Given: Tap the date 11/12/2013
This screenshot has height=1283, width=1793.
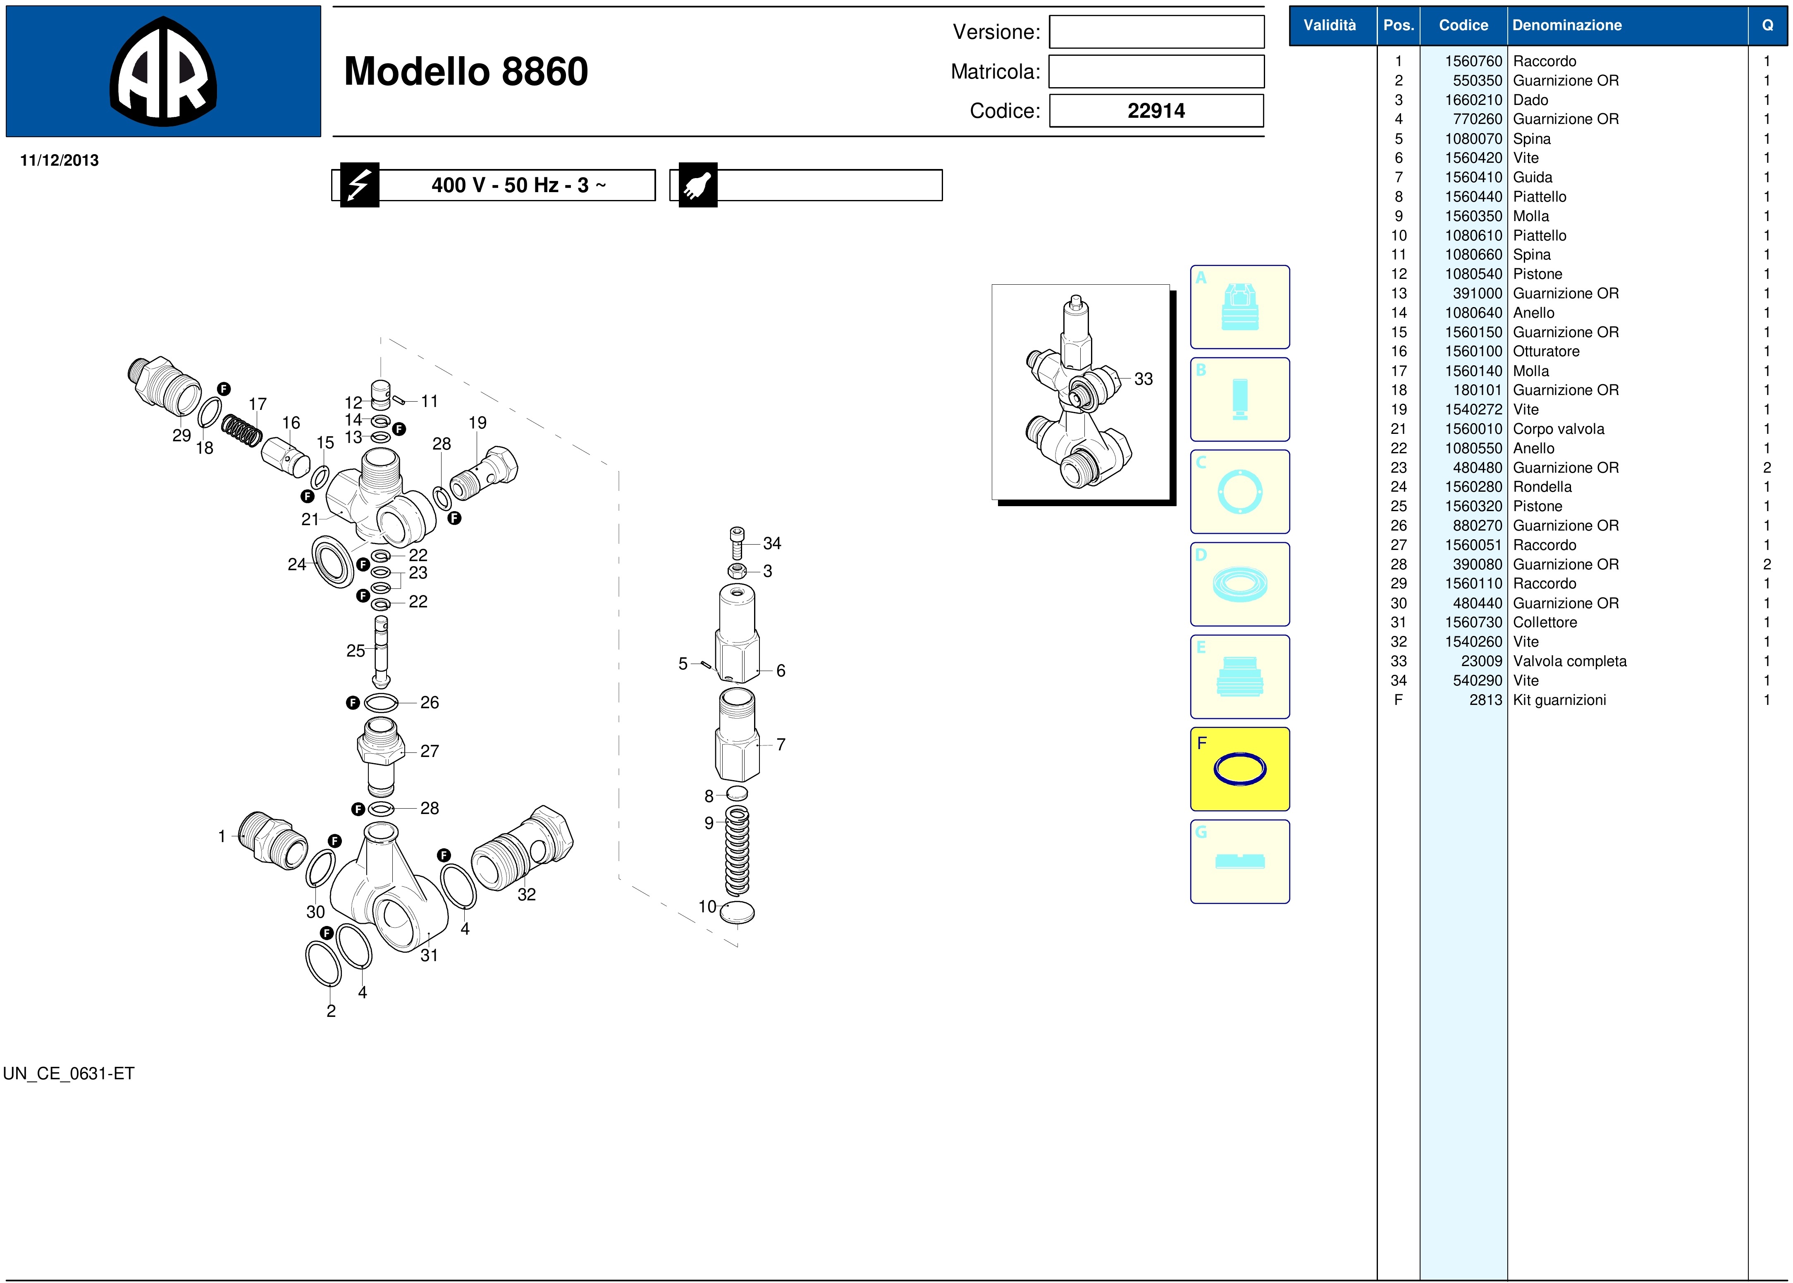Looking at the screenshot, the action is [59, 160].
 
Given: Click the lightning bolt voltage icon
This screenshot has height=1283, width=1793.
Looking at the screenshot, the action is [360, 185].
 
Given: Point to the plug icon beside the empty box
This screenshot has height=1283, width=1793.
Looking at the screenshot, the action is [698, 185].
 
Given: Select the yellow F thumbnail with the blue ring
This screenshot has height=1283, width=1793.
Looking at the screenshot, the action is [1240, 769].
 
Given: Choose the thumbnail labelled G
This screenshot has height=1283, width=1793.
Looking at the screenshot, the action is [1240, 861].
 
